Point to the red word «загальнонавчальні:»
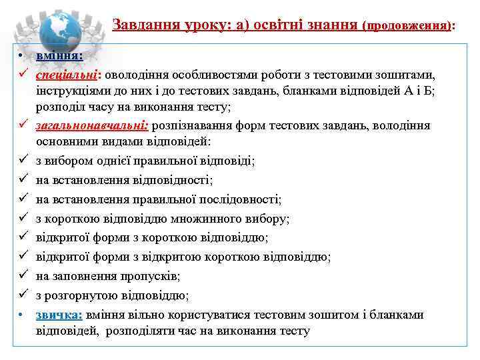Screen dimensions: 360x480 tap(93, 125)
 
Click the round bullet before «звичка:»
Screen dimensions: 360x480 tap(21, 315)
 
